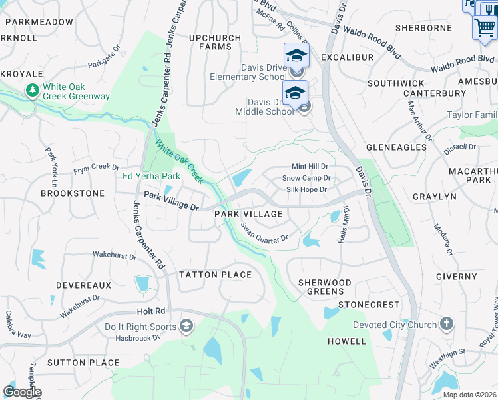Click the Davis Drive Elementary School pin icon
296,55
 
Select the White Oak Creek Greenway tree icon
31,89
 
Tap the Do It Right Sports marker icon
187,326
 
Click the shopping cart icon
485,29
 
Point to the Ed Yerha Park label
152,177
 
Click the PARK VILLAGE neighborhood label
248,214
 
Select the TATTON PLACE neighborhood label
216,275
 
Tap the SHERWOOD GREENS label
325,287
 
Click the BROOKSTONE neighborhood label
73,193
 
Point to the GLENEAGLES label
397,147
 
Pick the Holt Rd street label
150,311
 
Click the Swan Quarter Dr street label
264,233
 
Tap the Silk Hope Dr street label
306,189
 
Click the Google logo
22,392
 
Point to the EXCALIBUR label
347,57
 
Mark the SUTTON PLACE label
83,363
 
